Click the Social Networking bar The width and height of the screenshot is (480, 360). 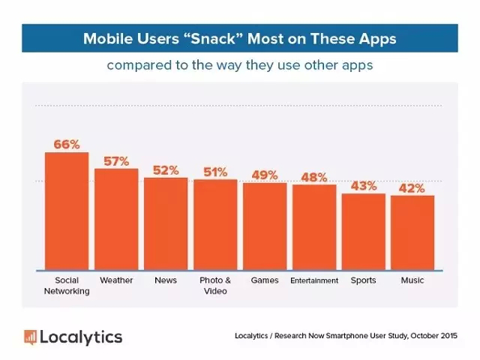pos(67,211)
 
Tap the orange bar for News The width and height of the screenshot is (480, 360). pos(166,223)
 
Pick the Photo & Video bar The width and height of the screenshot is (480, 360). pos(215,224)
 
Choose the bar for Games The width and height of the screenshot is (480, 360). pos(265,226)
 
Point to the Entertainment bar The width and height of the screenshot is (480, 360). pos(314,226)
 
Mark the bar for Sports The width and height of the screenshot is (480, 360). pos(364,231)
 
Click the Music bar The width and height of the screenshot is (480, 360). pos(412,232)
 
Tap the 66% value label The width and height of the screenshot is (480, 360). pos(67,144)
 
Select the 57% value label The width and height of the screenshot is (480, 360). pos(116,160)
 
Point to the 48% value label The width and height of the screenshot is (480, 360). pos(314,177)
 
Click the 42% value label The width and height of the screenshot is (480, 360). pos(412,187)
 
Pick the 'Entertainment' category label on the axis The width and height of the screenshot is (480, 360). pos(314,280)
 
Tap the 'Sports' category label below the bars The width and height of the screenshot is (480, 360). pos(364,280)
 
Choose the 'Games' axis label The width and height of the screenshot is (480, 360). pos(265,280)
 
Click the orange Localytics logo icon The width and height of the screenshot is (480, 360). pos(30,336)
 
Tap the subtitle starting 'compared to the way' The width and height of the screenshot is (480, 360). pos(240,65)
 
